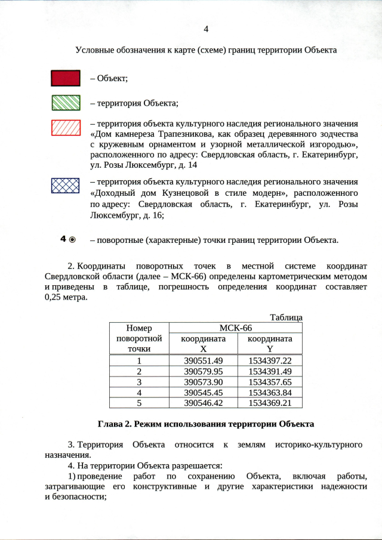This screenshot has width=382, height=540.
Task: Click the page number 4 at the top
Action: coord(206,29)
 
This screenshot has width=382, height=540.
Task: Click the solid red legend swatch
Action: coord(66,78)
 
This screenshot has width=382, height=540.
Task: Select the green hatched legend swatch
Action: coord(66,103)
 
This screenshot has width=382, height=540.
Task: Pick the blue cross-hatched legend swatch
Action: coord(66,184)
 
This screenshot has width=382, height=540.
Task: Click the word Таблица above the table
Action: coord(286,317)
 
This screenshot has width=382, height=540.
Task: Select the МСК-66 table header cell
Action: coord(236,328)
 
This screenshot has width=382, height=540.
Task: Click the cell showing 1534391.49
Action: coord(270,371)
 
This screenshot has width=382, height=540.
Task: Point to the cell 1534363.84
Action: coord(270,393)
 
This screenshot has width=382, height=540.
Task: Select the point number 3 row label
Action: coord(139,382)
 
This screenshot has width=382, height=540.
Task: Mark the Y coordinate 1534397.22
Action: coord(270,360)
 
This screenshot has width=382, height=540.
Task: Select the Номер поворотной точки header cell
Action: coord(139,338)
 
